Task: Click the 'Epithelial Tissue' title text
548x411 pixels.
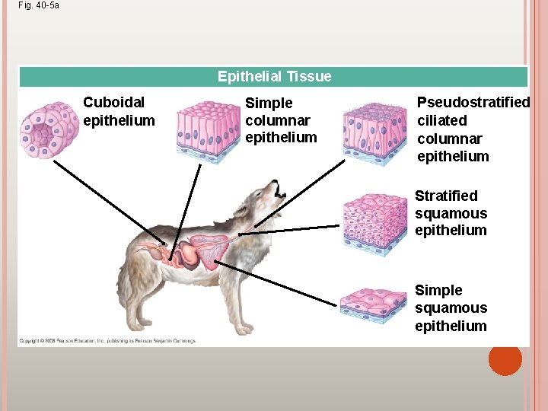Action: tap(274, 76)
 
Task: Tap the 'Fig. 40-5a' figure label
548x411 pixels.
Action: tap(39, 5)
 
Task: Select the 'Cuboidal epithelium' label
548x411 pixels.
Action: tap(118, 111)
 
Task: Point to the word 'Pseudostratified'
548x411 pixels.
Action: tap(473, 102)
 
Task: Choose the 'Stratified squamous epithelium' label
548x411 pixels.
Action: tap(451, 213)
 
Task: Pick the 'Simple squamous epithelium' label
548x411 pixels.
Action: tap(451, 307)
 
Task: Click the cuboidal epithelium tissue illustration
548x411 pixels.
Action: tap(49, 129)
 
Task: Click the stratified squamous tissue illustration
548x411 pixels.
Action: tap(376, 224)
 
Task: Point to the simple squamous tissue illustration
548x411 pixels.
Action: tap(376, 304)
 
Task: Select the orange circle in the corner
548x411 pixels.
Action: tap(505, 360)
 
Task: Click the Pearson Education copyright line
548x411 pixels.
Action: tap(107, 340)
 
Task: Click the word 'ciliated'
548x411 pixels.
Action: tap(442, 120)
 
